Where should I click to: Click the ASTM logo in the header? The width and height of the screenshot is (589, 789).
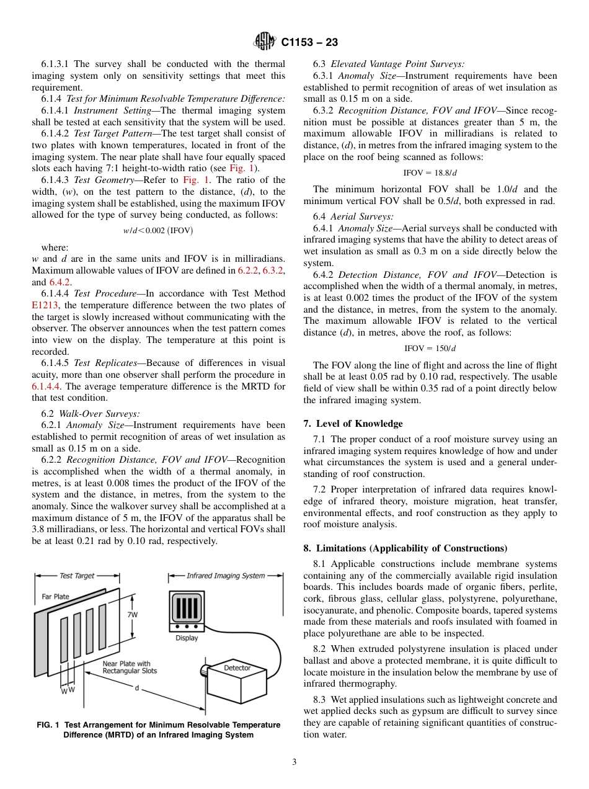pos(265,42)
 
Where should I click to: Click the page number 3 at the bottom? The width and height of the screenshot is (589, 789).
pos(294,762)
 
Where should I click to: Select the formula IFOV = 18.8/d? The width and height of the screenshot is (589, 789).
pos(430,173)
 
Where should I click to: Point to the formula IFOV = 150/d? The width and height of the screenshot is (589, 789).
pos(430,349)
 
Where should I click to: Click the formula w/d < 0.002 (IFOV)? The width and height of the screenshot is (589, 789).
pos(157,231)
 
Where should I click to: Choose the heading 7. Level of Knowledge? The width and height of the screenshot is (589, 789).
pos(353,424)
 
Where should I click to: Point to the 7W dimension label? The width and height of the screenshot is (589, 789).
pos(133,615)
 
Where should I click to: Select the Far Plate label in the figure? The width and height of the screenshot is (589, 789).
pos(56,597)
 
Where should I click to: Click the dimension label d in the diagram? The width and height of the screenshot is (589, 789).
pos(136,688)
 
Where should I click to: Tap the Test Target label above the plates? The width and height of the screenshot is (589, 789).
pos(77,576)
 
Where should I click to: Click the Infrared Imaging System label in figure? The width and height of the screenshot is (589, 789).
pos(226,576)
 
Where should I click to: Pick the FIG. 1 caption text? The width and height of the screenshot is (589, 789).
pos(158,729)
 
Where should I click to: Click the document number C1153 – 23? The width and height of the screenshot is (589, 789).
pos(309,43)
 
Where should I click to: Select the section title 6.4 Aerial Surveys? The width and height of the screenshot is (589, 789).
pos(353,216)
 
